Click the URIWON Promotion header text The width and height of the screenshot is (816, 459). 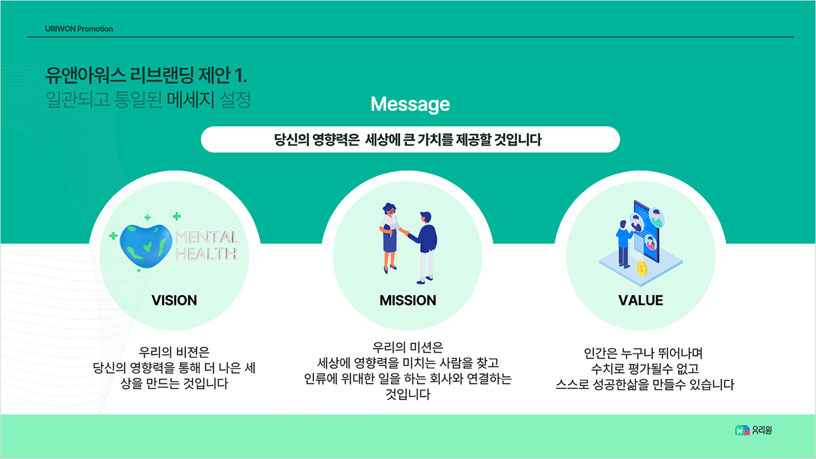click(x=79, y=29)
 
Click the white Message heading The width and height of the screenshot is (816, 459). click(x=410, y=104)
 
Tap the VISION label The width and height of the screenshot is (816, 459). click(x=174, y=300)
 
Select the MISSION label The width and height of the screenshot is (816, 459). click(x=407, y=300)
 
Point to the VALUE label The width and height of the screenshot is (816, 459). click(x=641, y=300)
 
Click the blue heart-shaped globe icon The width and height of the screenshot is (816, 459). click(x=146, y=246)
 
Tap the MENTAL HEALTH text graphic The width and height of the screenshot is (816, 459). click(x=207, y=245)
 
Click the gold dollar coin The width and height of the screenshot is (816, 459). click(x=642, y=268)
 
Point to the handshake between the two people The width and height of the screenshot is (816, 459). click(x=404, y=231)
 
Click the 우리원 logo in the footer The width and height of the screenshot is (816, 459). click(x=753, y=430)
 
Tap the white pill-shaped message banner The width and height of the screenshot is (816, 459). click(x=410, y=140)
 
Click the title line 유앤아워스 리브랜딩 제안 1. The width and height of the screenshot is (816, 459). click(x=146, y=75)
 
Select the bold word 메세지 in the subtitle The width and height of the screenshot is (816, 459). click(x=191, y=99)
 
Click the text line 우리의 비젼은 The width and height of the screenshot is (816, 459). click(x=174, y=353)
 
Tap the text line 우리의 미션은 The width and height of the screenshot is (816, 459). click(x=407, y=347)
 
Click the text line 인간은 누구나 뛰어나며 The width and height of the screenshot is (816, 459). click(x=643, y=353)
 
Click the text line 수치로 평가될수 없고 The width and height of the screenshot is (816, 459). click(x=645, y=369)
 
